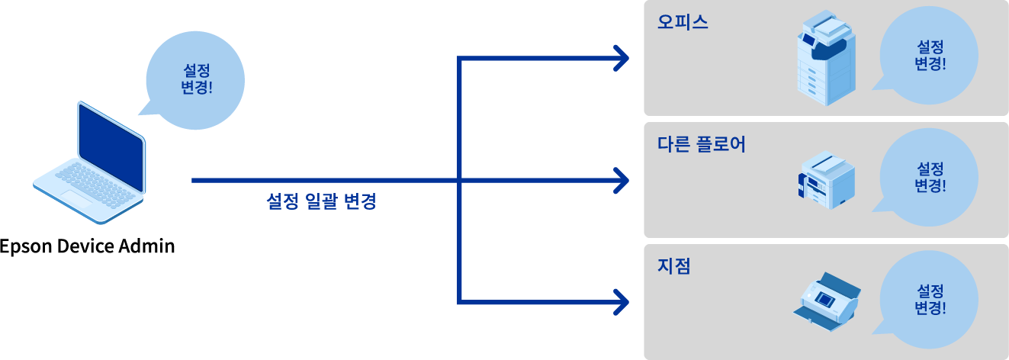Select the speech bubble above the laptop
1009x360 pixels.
[x=194, y=78]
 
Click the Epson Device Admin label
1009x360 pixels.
[x=88, y=246]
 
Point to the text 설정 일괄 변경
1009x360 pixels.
[x=321, y=202]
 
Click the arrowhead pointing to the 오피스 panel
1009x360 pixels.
[x=621, y=58]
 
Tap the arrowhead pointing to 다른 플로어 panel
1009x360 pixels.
[x=621, y=181]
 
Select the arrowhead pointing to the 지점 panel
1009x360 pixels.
[x=621, y=301]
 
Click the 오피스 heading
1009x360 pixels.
[x=683, y=22]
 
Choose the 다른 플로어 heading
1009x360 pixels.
[x=701, y=144]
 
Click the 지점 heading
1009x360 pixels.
[x=673, y=266]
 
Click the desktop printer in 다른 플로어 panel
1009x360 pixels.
[x=826, y=182]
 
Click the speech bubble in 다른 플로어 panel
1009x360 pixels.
[x=929, y=177]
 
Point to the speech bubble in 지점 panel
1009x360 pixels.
[x=929, y=300]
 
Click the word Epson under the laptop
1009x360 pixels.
[x=25, y=247]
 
